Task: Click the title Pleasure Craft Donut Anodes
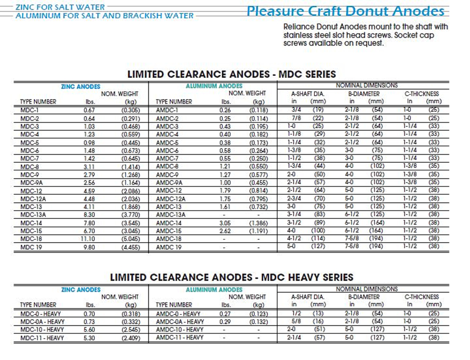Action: tap(345, 11)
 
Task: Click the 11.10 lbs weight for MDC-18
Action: tap(88, 239)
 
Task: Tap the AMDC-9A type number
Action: tap(169, 183)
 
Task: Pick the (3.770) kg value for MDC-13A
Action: tap(130, 215)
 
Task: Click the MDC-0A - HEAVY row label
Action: tap(42, 322)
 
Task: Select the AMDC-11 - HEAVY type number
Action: tap(180, 337)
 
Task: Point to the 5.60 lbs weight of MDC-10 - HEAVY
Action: tap(89, 330)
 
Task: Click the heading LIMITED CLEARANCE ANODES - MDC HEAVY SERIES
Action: tap(232, 277)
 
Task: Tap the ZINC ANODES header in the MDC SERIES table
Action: tap(81, 86)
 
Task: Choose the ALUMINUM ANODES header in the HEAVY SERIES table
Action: tap(214, 289)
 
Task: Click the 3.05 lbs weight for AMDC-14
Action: tap(225, 223)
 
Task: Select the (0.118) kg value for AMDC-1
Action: tap(258, 110)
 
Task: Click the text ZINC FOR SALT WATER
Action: tap(60, 7)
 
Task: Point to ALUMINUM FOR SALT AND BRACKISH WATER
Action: tap(105, 15)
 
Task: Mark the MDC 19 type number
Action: tap(31, 247)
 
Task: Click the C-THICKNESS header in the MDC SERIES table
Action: tap(422, 94)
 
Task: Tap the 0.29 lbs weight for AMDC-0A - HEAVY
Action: tap(225, 322)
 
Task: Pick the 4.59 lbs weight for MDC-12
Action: tap(89, 191)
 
